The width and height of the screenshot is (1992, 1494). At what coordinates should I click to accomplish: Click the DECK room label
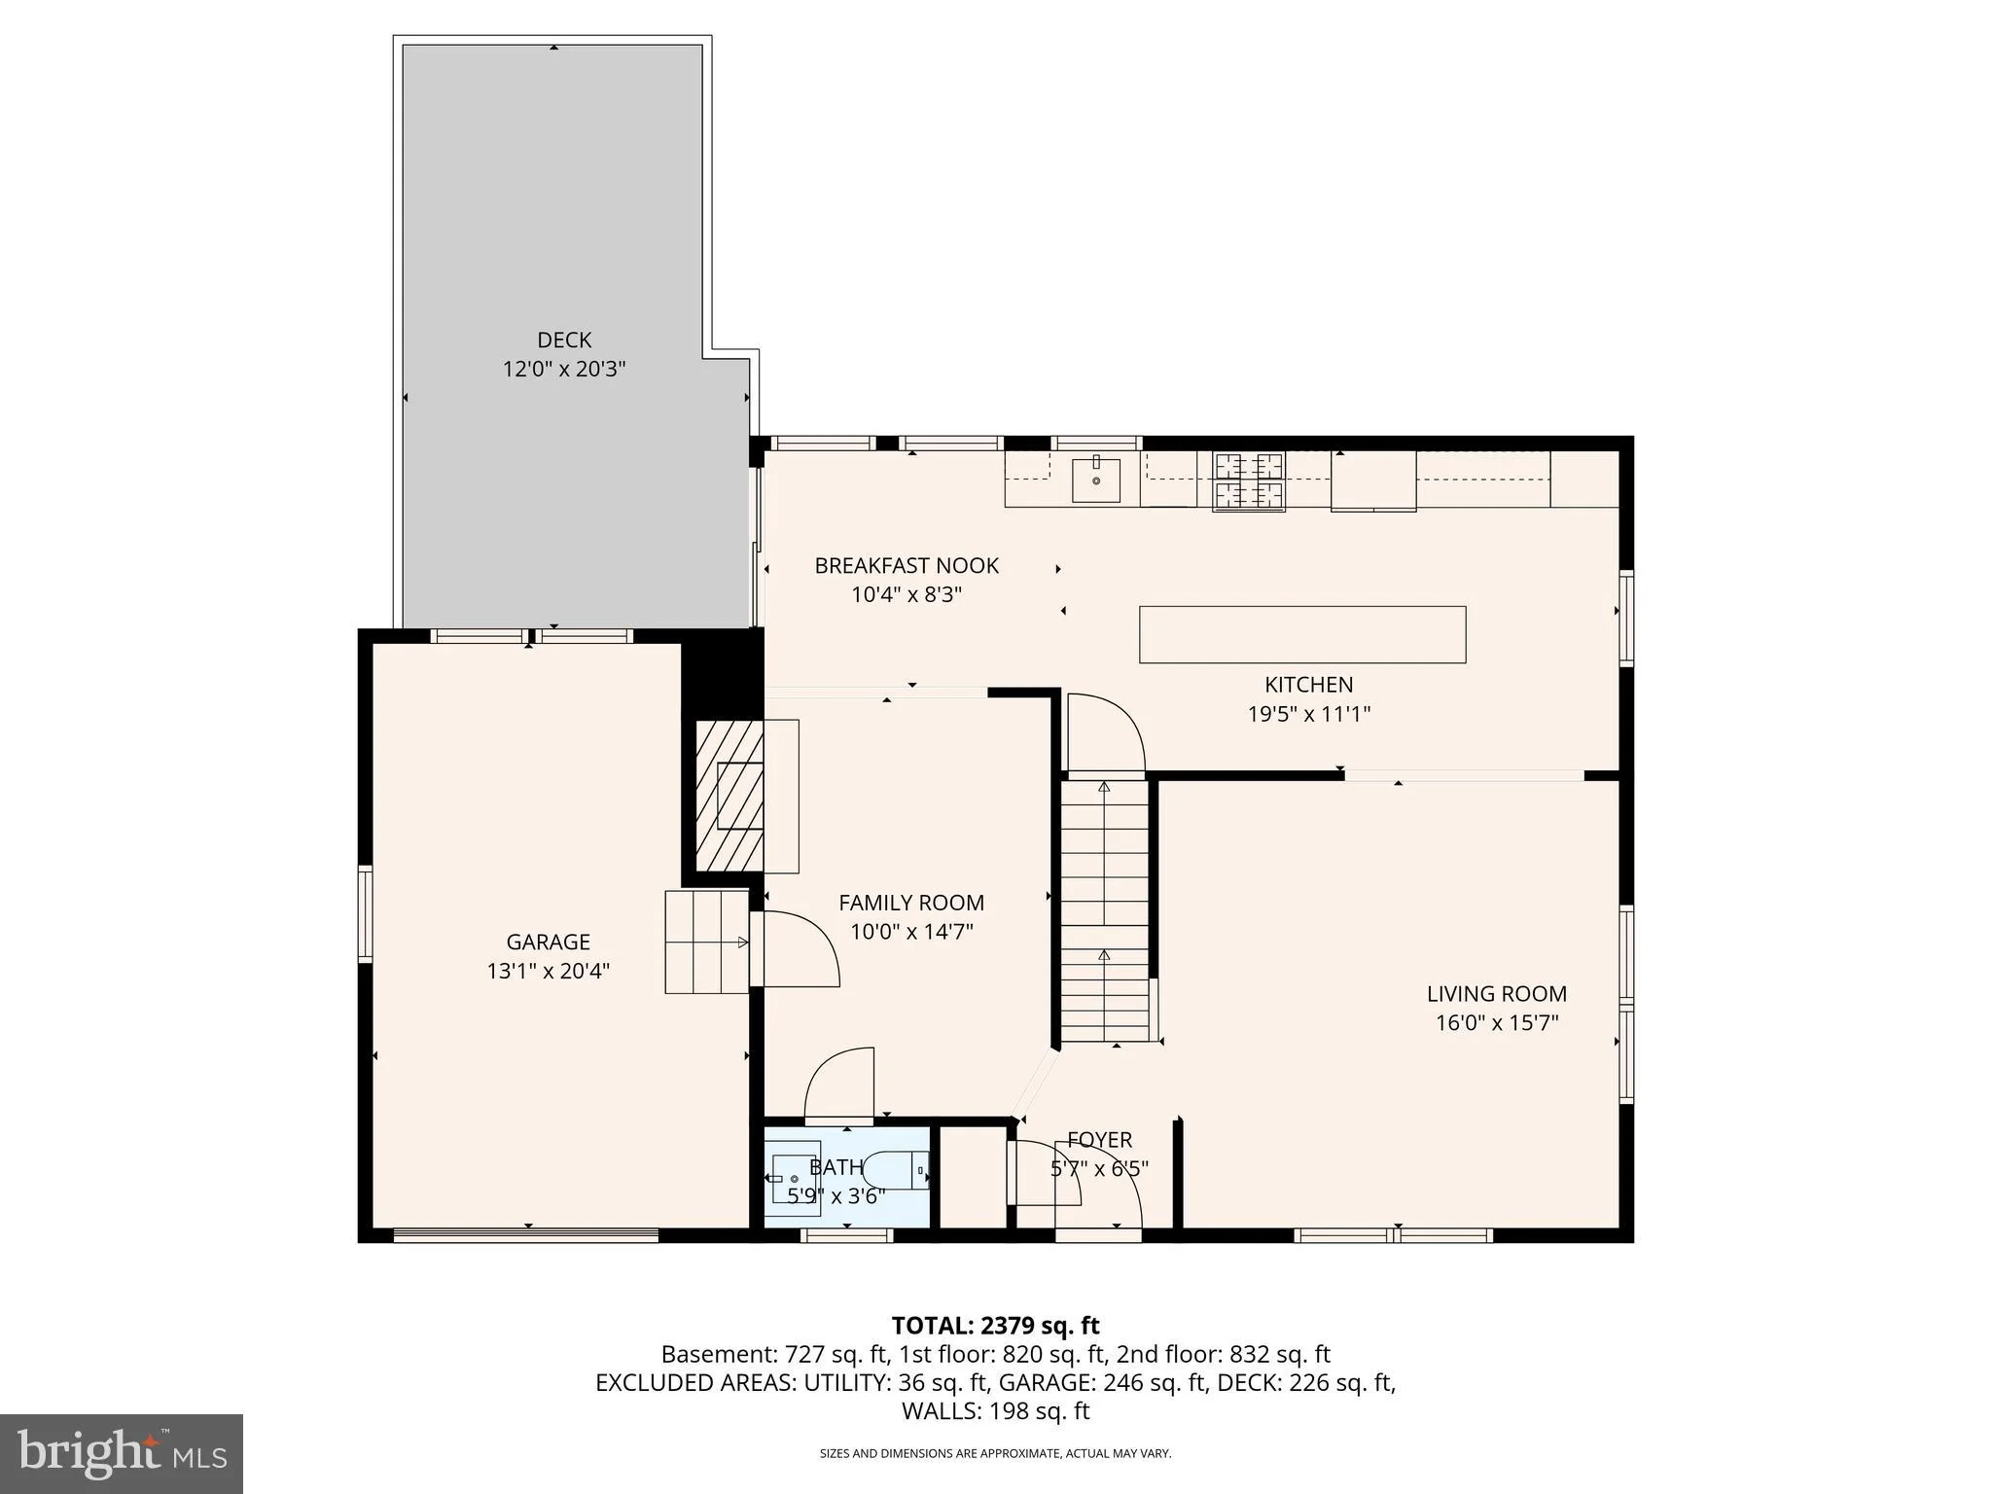(x=564, y=339)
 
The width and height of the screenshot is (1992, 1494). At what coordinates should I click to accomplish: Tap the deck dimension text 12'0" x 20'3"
(x=564, y=369)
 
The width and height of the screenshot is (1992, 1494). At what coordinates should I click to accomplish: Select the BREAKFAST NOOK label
(x=907, y=565)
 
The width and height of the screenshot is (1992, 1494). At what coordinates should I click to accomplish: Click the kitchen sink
(x=1096, y=480)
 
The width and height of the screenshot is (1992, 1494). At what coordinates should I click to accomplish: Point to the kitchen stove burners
(x=1249, y=481)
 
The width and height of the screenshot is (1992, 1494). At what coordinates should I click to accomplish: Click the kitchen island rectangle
(x=1302, y=634)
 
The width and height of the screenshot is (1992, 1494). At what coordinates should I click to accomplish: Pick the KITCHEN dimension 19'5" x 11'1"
(x=1309, y=714)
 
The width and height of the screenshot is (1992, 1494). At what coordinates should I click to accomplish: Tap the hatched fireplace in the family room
(x=729, y=796)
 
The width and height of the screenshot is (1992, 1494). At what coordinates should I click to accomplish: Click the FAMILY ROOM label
(x=911, y=903)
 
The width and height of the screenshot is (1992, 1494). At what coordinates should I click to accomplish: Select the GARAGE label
(x=549, y=942)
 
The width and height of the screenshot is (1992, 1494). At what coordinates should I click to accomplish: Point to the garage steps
(x=707, y=942)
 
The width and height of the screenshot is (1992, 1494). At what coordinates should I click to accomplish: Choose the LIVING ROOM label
(x=1497, y=994)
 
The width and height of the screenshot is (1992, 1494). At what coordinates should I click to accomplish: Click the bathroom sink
(x=796, y=1179)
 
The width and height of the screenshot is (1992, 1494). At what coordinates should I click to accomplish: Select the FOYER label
(x=1100, y=1140)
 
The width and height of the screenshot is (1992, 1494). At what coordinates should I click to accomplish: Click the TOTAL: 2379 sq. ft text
(x=996, y=1326)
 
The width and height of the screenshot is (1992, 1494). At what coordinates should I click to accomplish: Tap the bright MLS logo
(x=122, y=1453)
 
